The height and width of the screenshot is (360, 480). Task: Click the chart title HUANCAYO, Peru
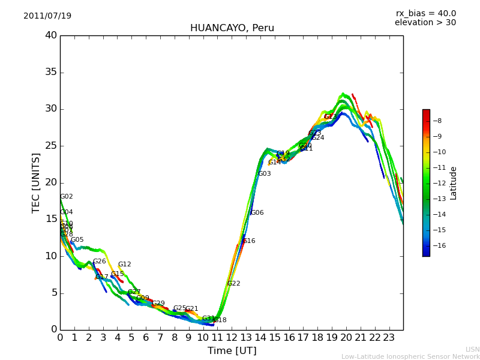[232, 28]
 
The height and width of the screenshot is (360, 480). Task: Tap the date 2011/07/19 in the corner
[47, 16]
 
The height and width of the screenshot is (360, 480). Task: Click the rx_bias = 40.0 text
[425, 14]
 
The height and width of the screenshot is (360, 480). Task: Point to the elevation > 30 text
[425, 23]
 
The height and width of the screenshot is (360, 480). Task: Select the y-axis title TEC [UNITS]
[37, 182]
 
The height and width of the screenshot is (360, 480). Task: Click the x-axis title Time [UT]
[232, 351]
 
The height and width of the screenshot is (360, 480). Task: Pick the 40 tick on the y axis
[50, 35]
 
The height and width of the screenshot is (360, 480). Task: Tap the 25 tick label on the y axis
[50, 146]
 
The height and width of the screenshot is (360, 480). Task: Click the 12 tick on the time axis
[232, 338]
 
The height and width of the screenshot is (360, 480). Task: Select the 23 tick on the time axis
[389, 338]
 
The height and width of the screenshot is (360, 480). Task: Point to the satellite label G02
[67, 197]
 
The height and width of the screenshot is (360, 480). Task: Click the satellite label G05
[77, 240]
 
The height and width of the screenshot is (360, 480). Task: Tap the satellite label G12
[124, 265]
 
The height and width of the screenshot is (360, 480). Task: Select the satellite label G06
[257, 213]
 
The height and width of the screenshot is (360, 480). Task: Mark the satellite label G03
[265, 174]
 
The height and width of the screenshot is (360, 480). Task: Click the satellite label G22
[234, 284]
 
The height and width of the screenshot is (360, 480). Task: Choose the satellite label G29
[158, 304]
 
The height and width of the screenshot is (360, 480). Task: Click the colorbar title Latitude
[454, 183]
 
